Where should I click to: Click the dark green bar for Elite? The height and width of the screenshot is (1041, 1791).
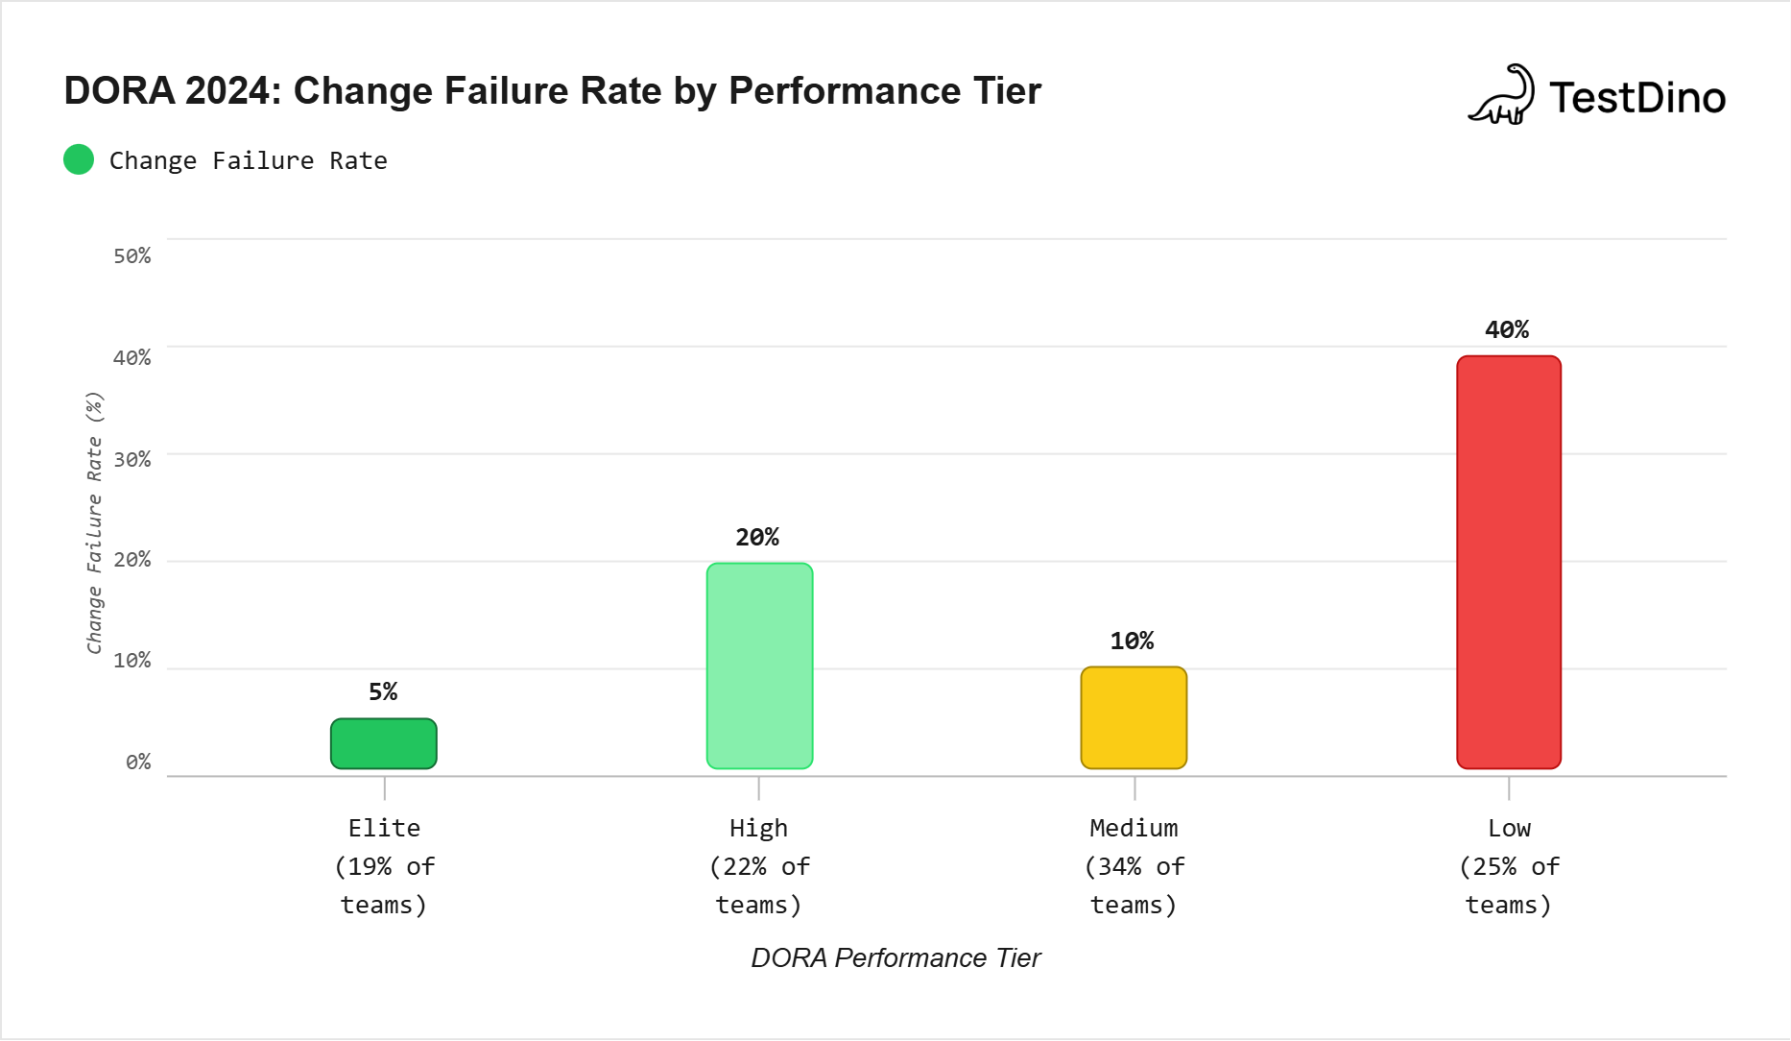click(384, 743)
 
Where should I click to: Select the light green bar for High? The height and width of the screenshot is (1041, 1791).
click(759, 666)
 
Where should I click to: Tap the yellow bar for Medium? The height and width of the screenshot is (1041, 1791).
click(1134, 717)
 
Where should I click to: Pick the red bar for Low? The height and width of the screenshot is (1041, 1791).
click(1509, 562)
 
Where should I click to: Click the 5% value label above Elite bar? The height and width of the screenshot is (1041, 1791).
click(383, 691)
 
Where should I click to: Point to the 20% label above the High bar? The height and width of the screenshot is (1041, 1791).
click(757, 537)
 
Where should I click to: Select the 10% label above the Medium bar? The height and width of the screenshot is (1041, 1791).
click(1132, 641)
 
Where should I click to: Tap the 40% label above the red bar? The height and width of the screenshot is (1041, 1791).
click(1507, 329)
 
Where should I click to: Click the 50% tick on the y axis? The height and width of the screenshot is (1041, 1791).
click(132, 256)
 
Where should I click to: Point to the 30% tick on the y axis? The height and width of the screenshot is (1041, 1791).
click(132, 459)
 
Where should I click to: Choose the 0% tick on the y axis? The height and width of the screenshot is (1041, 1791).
click(138, 762)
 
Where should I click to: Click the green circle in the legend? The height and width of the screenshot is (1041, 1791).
click(79, 159)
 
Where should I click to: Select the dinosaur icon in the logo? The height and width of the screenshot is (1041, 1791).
click(1502, 95)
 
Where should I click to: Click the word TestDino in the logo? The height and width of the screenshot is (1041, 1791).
click(1637, 98)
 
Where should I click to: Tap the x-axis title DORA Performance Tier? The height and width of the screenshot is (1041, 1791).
click(895, 957)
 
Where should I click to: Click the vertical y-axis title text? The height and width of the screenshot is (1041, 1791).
click(94, 523)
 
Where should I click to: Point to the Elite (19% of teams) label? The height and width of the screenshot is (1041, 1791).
click(384, 866)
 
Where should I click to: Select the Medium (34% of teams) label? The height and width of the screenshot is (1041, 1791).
click(1134, 866)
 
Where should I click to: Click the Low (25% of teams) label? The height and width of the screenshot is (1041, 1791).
click(1509, 866)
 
